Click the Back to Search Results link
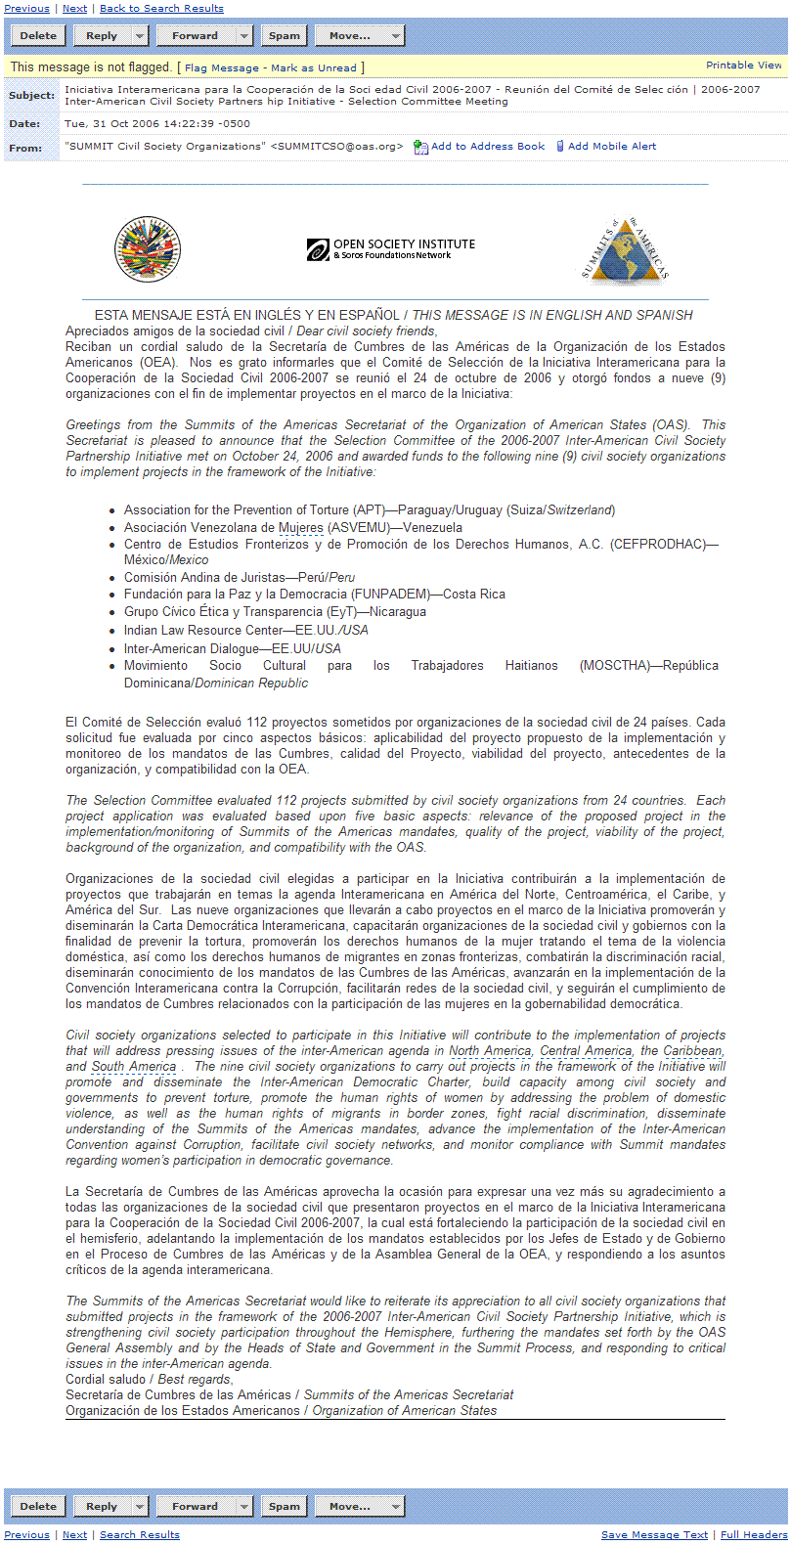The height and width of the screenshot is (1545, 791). (161, 9)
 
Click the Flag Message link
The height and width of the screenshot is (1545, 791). (222, 68)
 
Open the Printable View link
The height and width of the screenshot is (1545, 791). (743, 66)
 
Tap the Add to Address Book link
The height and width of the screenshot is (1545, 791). (487, 147)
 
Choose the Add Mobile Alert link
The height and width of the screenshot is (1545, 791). (611, 147)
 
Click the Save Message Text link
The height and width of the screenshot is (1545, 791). (654, 1535)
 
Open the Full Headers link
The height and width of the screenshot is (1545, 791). (753, 1535)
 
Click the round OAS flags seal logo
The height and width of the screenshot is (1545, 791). (148, 249)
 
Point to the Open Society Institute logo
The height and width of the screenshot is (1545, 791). (391, 249)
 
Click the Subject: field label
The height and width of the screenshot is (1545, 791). (31, 96)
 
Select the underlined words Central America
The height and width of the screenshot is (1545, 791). (586, 1051)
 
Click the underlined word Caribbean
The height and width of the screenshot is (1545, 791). (693, 1051)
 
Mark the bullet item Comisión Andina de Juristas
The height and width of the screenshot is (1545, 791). (204, 578)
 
